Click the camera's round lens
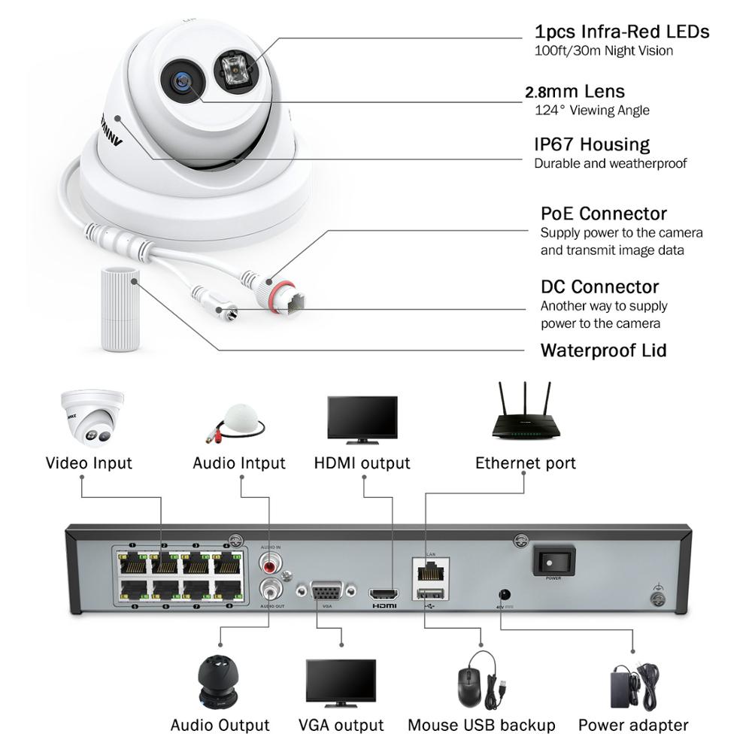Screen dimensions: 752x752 tap(181, 78)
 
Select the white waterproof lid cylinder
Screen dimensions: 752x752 tap(120, 308)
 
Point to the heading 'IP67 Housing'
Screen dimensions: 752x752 tap(591, 144)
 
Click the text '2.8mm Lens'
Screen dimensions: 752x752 tap(575, 92)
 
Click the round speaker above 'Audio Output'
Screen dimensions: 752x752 tap(218, 680)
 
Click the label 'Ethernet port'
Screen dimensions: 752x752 tap(525, 462)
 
